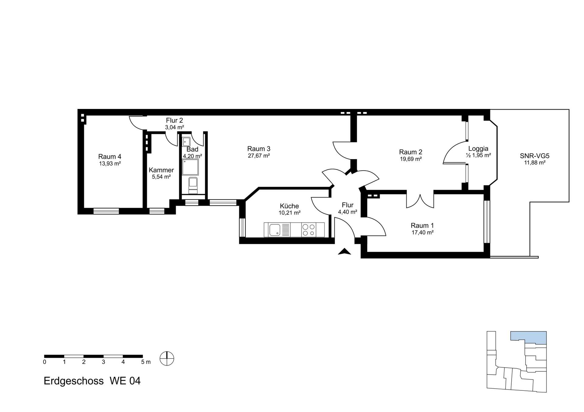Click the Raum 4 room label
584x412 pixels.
109,157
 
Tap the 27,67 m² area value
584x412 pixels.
259,156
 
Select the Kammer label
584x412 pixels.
161,170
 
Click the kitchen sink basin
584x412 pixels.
275,230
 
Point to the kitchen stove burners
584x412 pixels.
308,230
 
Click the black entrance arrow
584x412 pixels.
345,251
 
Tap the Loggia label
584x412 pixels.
478,148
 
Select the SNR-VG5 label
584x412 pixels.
534,156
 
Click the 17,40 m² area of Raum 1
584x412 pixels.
422,233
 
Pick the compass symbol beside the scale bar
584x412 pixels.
167,358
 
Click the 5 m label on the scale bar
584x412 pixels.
146,362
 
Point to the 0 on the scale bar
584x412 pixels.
45,362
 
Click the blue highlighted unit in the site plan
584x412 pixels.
528,337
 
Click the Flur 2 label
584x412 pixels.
174,120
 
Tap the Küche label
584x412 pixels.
289,206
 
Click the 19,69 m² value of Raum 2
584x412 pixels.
411,159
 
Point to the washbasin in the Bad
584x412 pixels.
186,142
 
